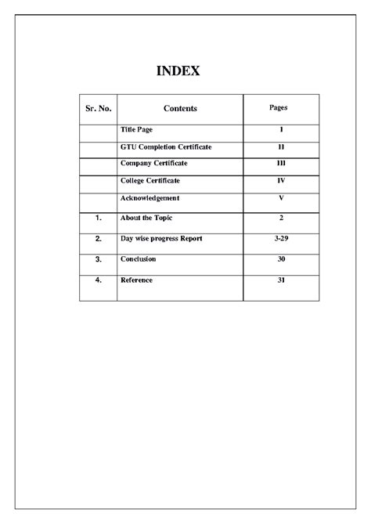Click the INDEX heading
click(178, 71)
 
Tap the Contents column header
click(180, 109)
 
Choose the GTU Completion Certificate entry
click(166, 146)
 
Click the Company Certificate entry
click(153, 164)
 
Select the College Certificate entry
click(149, 182)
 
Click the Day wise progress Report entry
click(161, 238)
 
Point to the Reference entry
click(136, 280)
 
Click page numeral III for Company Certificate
click(280, 164)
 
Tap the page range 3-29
click(280, 238)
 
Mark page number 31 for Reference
click(280, 280)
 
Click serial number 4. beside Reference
click(98, 280)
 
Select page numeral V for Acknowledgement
click(280, 198)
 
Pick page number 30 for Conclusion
click(280, 258)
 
